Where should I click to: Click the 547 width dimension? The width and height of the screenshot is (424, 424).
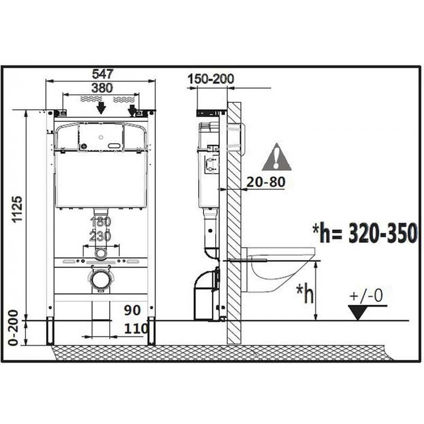pyautogui.click(x=101, y=74)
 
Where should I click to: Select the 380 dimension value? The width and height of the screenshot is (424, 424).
pyautogui.click(x=101, y=87)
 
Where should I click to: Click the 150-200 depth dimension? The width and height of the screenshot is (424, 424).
pyautogui.click(x=210, y=79)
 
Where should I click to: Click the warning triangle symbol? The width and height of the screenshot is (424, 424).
pyautogui.click(x=276, y=157)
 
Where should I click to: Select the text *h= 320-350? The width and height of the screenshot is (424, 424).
pyautogui.click(x=365, y=233)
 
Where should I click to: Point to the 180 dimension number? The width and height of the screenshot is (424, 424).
pyautogui.click(x=101, y=222)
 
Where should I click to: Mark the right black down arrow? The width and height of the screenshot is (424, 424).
pyautogui.click(x=132, y=109)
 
